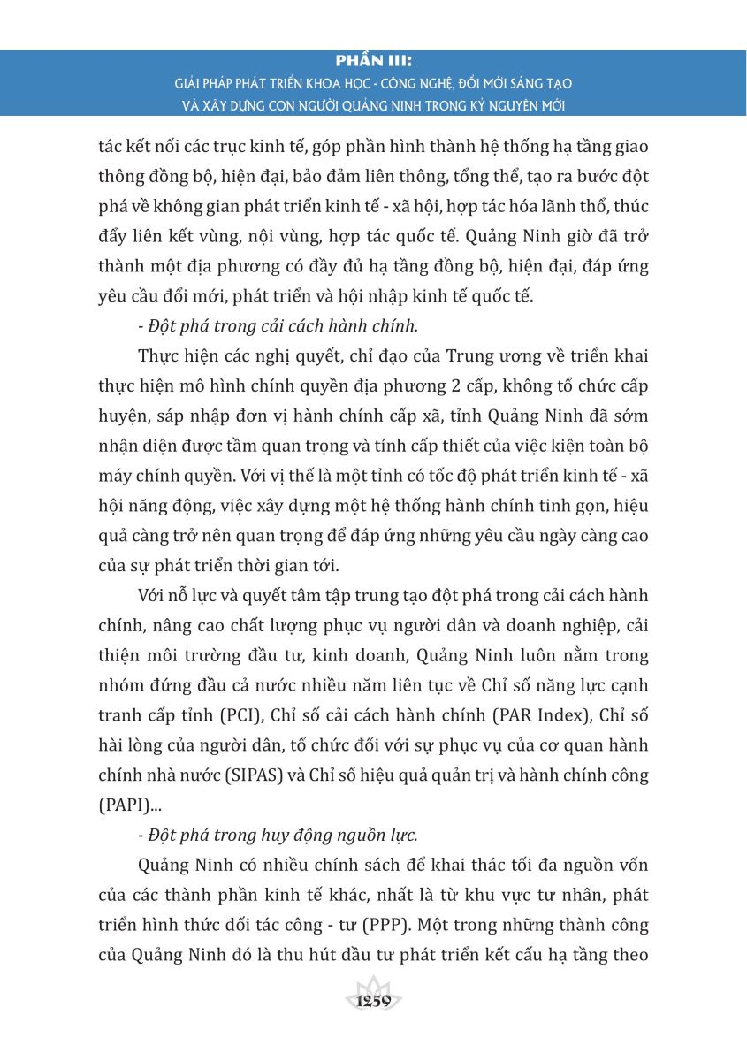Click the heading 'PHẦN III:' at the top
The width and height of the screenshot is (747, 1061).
pos(374,62)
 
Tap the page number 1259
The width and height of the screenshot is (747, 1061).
pos(373,1002)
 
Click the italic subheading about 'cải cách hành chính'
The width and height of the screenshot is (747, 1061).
pos(278,325)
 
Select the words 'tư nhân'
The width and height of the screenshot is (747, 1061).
pos(563,894)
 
